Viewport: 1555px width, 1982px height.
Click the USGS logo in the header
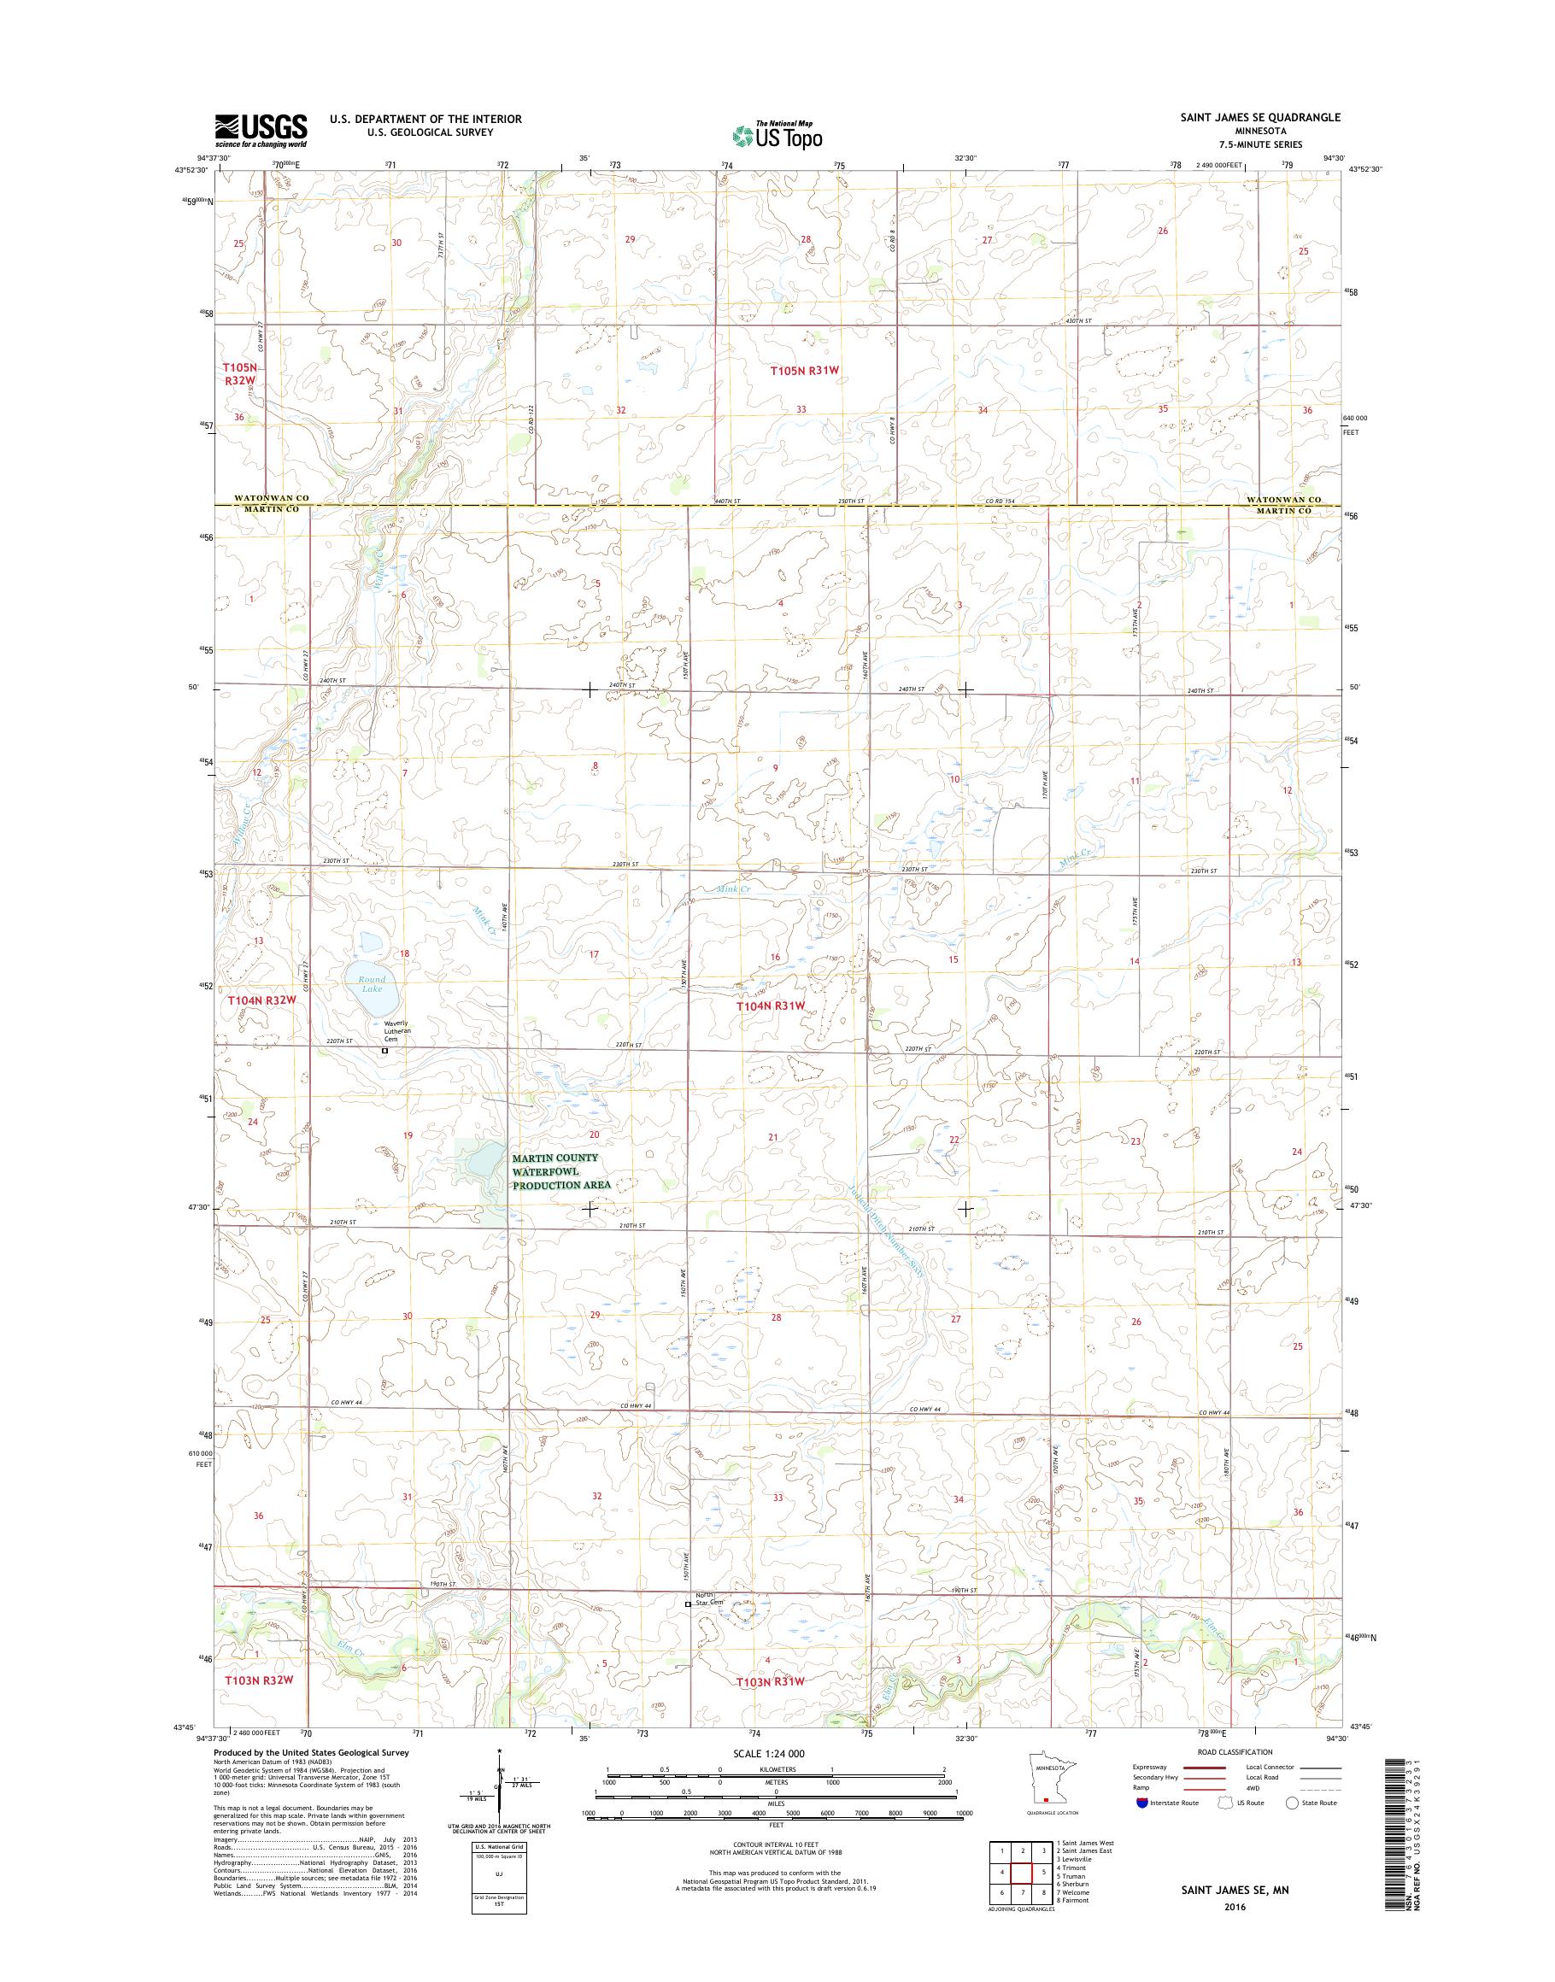coord(261,131)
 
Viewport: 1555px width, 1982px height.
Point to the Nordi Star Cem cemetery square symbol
coord(688,1629)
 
